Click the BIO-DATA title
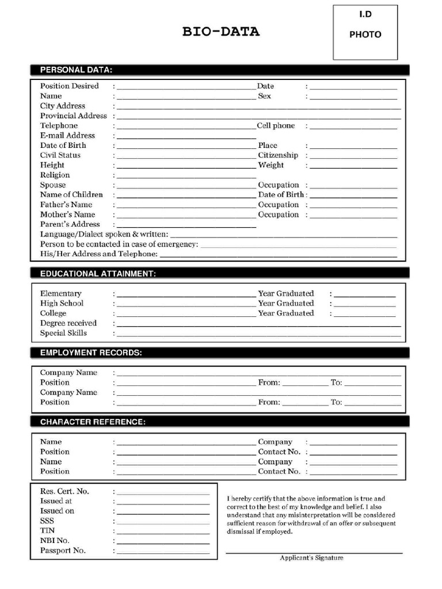point(221,32)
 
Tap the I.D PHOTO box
point(365,32)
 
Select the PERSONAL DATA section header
point(76,70)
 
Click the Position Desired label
point(69,86)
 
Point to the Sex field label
point(264,96)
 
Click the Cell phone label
point(276,125)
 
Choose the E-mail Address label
point(67,135)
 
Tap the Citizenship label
point(278,155)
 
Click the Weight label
point(270,165)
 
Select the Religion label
point(55,175)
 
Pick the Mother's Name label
point(67,215)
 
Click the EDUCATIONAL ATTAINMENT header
point(98,274)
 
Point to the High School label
point(62,303)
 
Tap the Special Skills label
point(63,333)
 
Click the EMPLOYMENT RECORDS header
point(91,353)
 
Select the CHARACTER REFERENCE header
point(93,422)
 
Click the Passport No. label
point(63,550)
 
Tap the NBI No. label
point(55,541)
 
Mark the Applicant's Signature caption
point(311,558)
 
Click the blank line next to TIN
point(163,531)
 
